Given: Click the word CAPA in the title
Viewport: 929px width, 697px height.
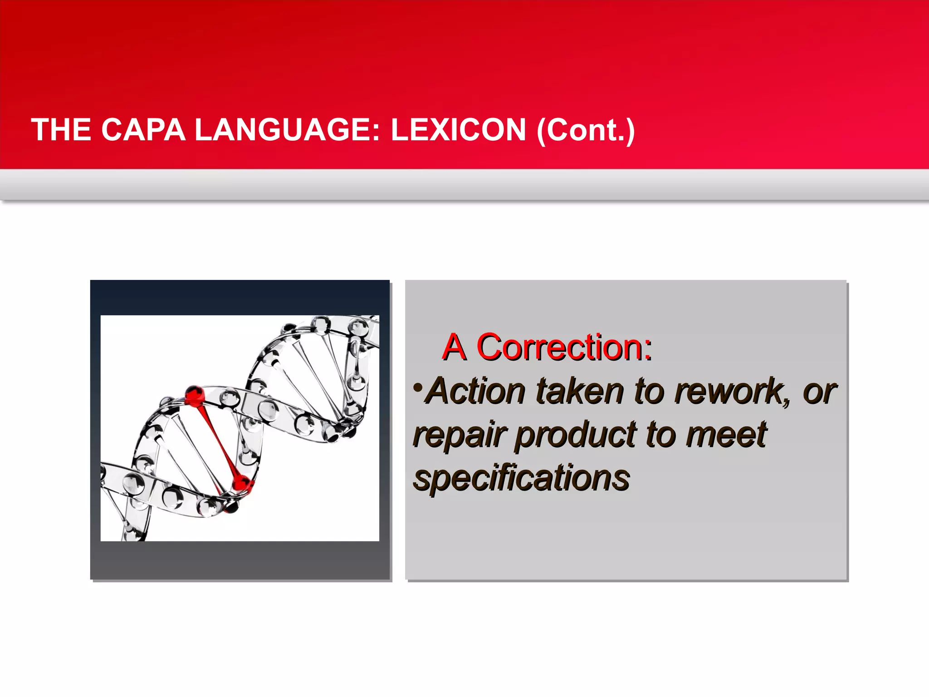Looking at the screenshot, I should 143,130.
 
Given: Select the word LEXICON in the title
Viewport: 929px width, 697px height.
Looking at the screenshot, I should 458,130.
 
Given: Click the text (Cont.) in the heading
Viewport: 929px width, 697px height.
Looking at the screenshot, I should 586,130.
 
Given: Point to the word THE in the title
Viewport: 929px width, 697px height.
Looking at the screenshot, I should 61,130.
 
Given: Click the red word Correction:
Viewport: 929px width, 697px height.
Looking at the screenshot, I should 564,348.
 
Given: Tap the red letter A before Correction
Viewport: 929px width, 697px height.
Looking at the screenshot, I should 454,348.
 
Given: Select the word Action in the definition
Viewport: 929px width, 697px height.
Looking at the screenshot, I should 476,391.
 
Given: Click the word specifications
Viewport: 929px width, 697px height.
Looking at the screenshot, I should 522,478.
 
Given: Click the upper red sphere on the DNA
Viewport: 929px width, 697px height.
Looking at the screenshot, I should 195,395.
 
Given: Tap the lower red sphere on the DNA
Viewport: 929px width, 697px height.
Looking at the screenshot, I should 242,484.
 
